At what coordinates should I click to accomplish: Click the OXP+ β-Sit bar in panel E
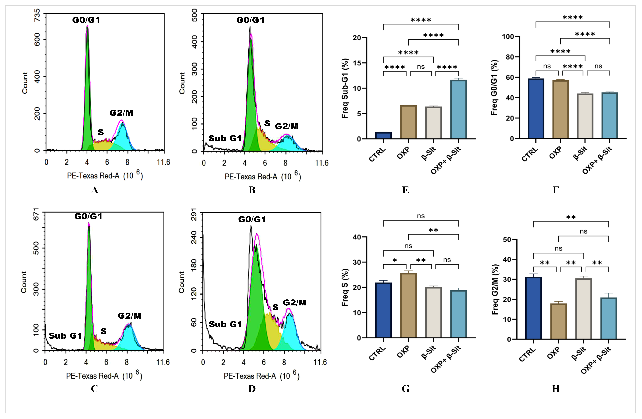click(458, 109)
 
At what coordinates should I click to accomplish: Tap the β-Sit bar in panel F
click(585, 116)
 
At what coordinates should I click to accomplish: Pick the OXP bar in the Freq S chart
click(408, 305)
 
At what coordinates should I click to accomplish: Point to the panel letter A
click(94, 190)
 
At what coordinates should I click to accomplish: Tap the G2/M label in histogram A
click(121, 113)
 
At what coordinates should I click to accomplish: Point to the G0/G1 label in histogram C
click(88, 216)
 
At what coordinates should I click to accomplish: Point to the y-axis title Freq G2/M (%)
click(495, 289)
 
